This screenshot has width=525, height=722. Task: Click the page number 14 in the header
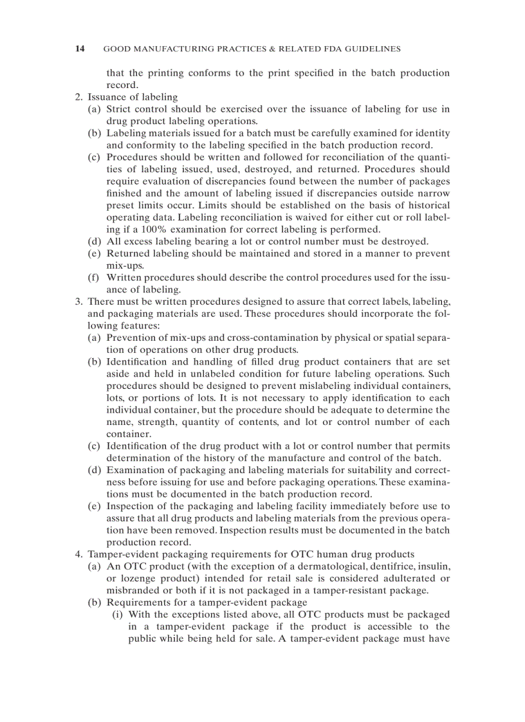coord(80,49)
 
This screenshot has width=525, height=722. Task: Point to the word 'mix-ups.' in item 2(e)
coord(125,266)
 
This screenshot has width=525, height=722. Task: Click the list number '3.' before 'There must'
coord(78,302)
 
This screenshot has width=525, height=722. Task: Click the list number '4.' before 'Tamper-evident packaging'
coord(78,554)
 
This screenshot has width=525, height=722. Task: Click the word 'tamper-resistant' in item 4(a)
coord(358,590)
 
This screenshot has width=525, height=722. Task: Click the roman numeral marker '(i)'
coord(118,614)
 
